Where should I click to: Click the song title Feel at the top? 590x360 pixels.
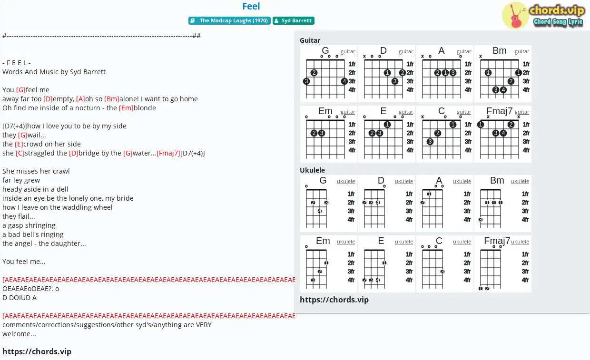[251, 6]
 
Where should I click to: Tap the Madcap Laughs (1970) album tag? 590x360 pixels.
[229, 20]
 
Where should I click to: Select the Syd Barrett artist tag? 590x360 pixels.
[294, 20]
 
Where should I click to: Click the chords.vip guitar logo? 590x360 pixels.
[543, 16]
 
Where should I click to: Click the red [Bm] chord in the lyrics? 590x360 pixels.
[112, 99]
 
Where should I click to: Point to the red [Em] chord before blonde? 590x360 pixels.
[126, 108]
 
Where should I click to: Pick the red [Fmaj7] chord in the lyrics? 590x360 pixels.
[168, 153]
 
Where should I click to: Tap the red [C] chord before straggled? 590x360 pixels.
[20, 153]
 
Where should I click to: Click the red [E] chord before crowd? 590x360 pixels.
[19, 144]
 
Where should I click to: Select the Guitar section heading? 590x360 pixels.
[310, 40]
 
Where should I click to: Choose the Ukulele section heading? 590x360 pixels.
[313, 170]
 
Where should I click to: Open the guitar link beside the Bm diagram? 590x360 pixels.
[522, 52]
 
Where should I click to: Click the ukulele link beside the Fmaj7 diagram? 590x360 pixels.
[520, 242]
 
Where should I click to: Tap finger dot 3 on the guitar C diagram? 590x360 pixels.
[430, 142]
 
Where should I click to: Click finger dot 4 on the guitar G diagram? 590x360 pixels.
[344, 81]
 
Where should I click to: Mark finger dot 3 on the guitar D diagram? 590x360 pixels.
[394, 81]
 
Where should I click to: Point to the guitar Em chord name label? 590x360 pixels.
[325, 111]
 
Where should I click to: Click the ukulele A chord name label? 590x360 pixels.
[439, 180]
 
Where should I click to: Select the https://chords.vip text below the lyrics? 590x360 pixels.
[37, 351]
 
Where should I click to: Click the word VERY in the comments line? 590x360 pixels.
[204, 325]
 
